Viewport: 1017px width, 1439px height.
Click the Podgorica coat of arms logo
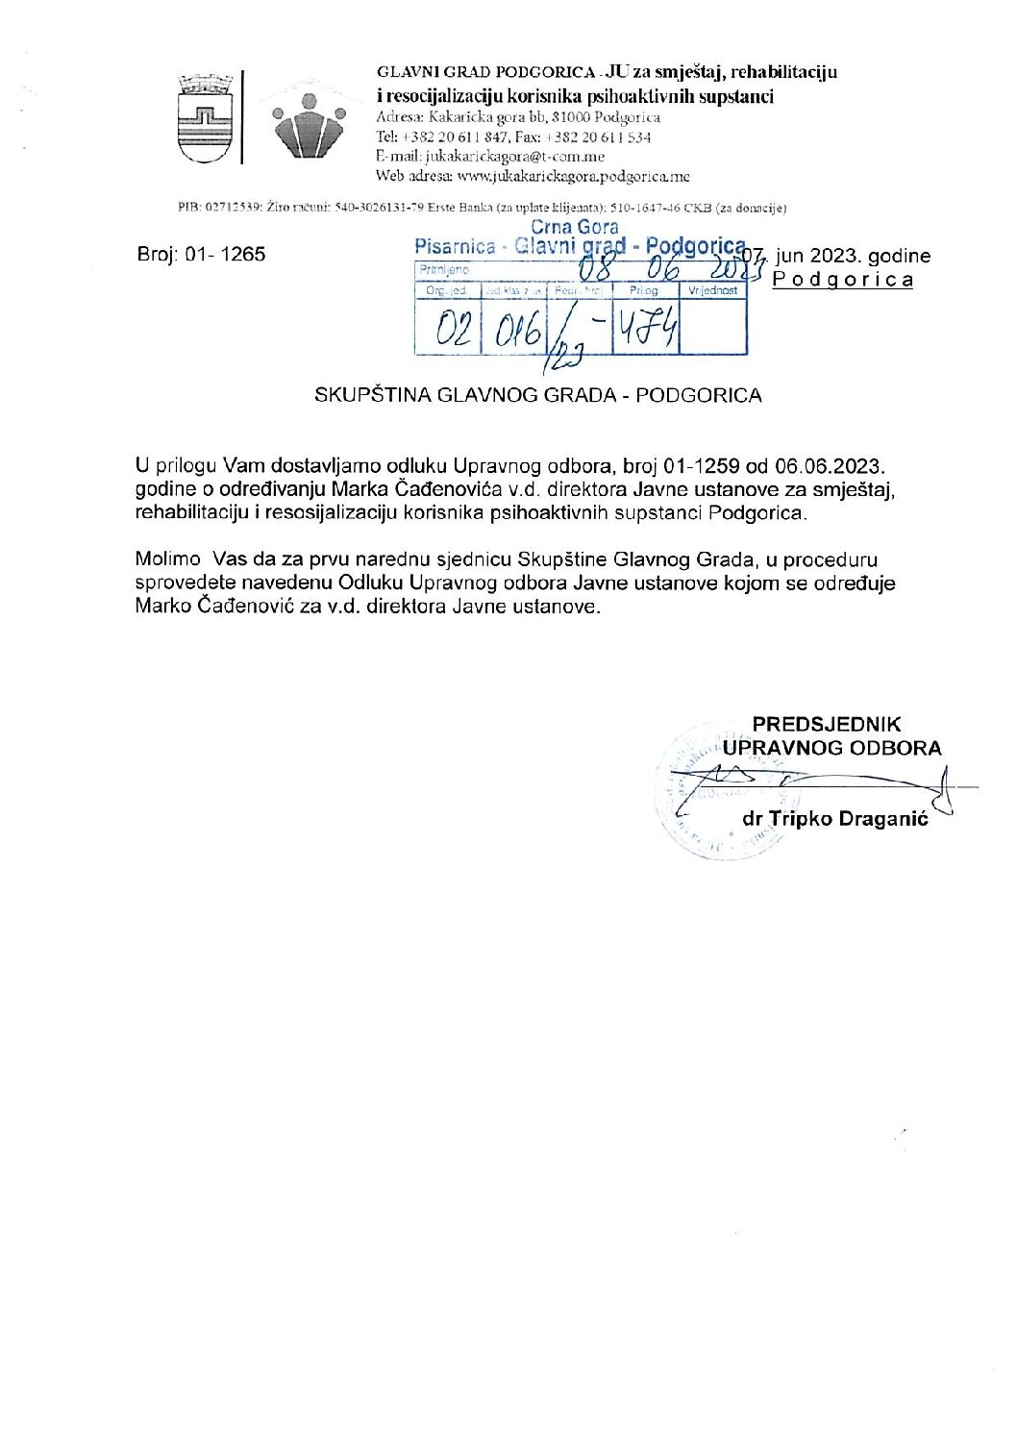point(206,118)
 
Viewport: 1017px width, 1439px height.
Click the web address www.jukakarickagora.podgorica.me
point(573,177)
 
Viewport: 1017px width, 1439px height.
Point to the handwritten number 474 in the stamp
point(647,329)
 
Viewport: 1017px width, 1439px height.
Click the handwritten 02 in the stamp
point(453,330)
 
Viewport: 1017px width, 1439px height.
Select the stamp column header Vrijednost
point(712,290)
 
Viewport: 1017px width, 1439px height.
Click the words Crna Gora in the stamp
point(575,228)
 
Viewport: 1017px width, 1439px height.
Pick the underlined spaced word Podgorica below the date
point(843,280)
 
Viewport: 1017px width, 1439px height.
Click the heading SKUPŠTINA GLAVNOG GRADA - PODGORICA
point(538,395)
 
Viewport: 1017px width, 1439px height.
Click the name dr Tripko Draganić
point(835,819)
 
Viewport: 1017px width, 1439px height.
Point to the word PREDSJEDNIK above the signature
point(826,724)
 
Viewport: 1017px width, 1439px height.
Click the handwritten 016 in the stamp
point(518,332)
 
